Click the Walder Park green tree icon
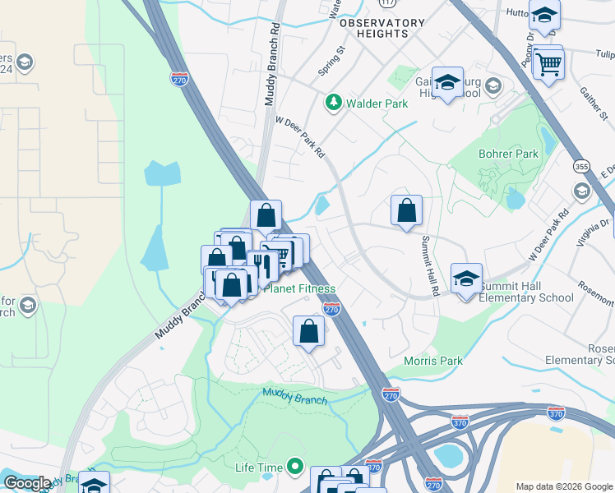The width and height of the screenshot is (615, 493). [333, 103]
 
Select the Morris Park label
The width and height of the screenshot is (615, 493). [432, 361]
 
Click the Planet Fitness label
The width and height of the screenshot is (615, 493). [299, 289]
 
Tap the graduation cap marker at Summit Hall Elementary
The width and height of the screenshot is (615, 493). [466, 279]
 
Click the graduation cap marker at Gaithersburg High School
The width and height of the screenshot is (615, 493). [447, 82]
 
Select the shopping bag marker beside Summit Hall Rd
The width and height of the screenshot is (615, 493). [406, 211]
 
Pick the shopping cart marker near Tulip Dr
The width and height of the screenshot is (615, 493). [548, 62]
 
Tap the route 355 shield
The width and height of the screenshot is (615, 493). [580, 164]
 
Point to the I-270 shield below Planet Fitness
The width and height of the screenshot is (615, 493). [331, 309]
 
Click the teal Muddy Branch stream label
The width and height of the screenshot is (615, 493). [294, 396]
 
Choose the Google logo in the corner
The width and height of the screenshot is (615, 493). [27, 483]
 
